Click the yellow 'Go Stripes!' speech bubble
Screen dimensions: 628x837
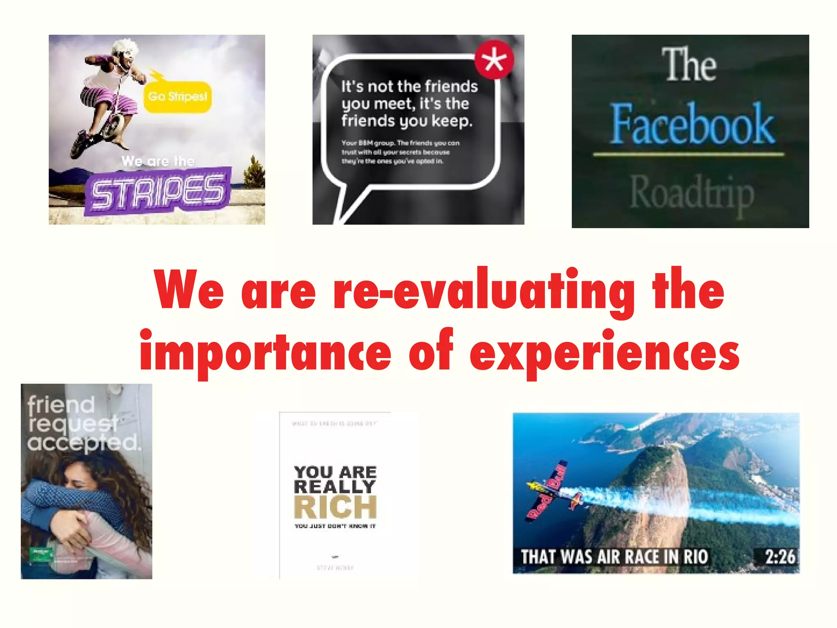point(177,96)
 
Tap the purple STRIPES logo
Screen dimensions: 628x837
point(157,191)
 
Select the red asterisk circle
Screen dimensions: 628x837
point(494,60)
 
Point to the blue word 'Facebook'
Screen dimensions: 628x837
point(692,124)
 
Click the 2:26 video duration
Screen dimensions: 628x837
point(780,557)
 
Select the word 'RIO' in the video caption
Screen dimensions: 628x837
point(695,557)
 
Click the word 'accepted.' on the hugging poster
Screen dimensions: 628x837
point(84,442)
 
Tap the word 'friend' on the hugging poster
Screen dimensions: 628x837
point(61,404)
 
